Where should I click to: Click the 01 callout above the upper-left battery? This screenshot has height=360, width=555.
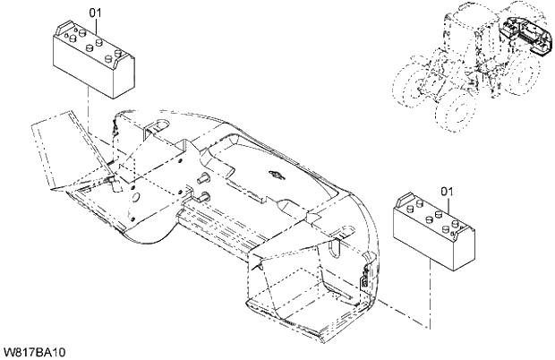pyautogui.click(x=96, y=12)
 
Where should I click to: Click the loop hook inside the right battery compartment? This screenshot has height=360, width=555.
pyautogui.click(x=337, y=240)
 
